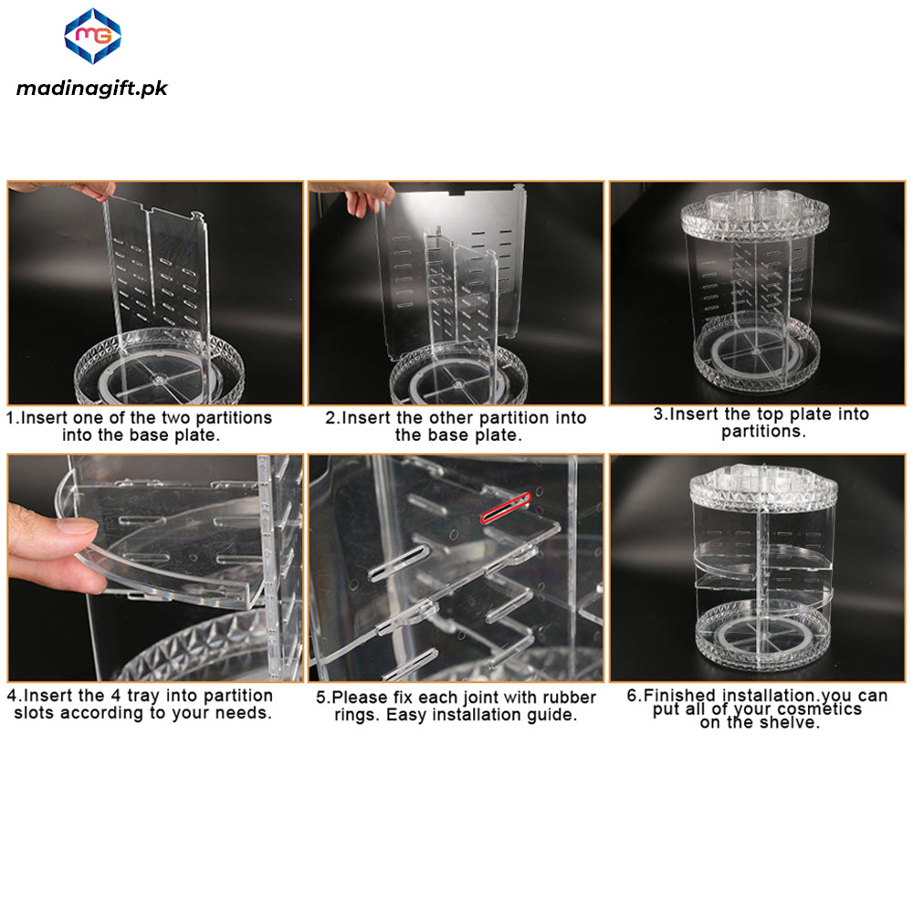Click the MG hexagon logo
coord(92,36)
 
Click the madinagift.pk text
coord(92,88)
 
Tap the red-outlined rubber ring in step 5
coord(504,509)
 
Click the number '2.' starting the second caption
coord(332,418)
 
